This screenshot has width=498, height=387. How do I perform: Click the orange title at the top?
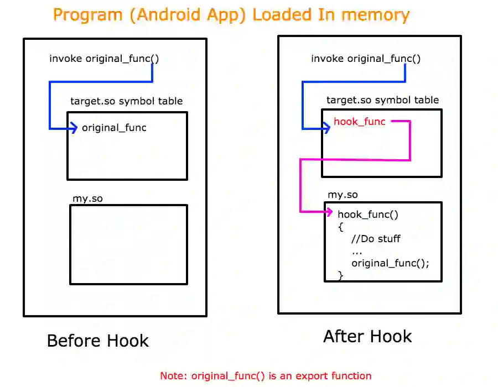coord(231,15)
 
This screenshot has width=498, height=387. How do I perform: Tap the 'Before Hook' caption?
coord(98,341)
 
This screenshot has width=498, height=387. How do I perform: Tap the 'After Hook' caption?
coord(367,336)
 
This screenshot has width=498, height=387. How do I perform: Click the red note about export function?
coord(266,376)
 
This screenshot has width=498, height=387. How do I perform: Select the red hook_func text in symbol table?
coord(359,122)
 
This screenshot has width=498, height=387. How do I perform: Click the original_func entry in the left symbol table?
coord(114,128)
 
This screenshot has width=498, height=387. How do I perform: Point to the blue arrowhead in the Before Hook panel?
coord(74,129)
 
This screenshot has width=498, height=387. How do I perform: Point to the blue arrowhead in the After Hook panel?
coord(326,129)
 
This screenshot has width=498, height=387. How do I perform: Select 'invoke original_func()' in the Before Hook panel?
coord(100,59)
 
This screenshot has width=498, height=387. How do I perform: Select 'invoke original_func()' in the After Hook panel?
coord(365,59)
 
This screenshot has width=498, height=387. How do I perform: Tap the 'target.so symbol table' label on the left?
coord(126,101)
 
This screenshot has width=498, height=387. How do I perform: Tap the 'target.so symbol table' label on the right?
coord(382,100)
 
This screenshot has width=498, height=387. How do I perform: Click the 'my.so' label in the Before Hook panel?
coord(87,198)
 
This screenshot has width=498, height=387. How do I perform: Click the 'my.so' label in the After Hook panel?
coord(343,195)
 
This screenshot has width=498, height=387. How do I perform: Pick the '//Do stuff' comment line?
coord(376,239)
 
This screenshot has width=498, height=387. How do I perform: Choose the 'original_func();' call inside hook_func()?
coord(390,263)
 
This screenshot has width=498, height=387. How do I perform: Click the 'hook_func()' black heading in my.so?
coord(368,215)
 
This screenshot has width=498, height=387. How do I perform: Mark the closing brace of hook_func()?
coord(340,275)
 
